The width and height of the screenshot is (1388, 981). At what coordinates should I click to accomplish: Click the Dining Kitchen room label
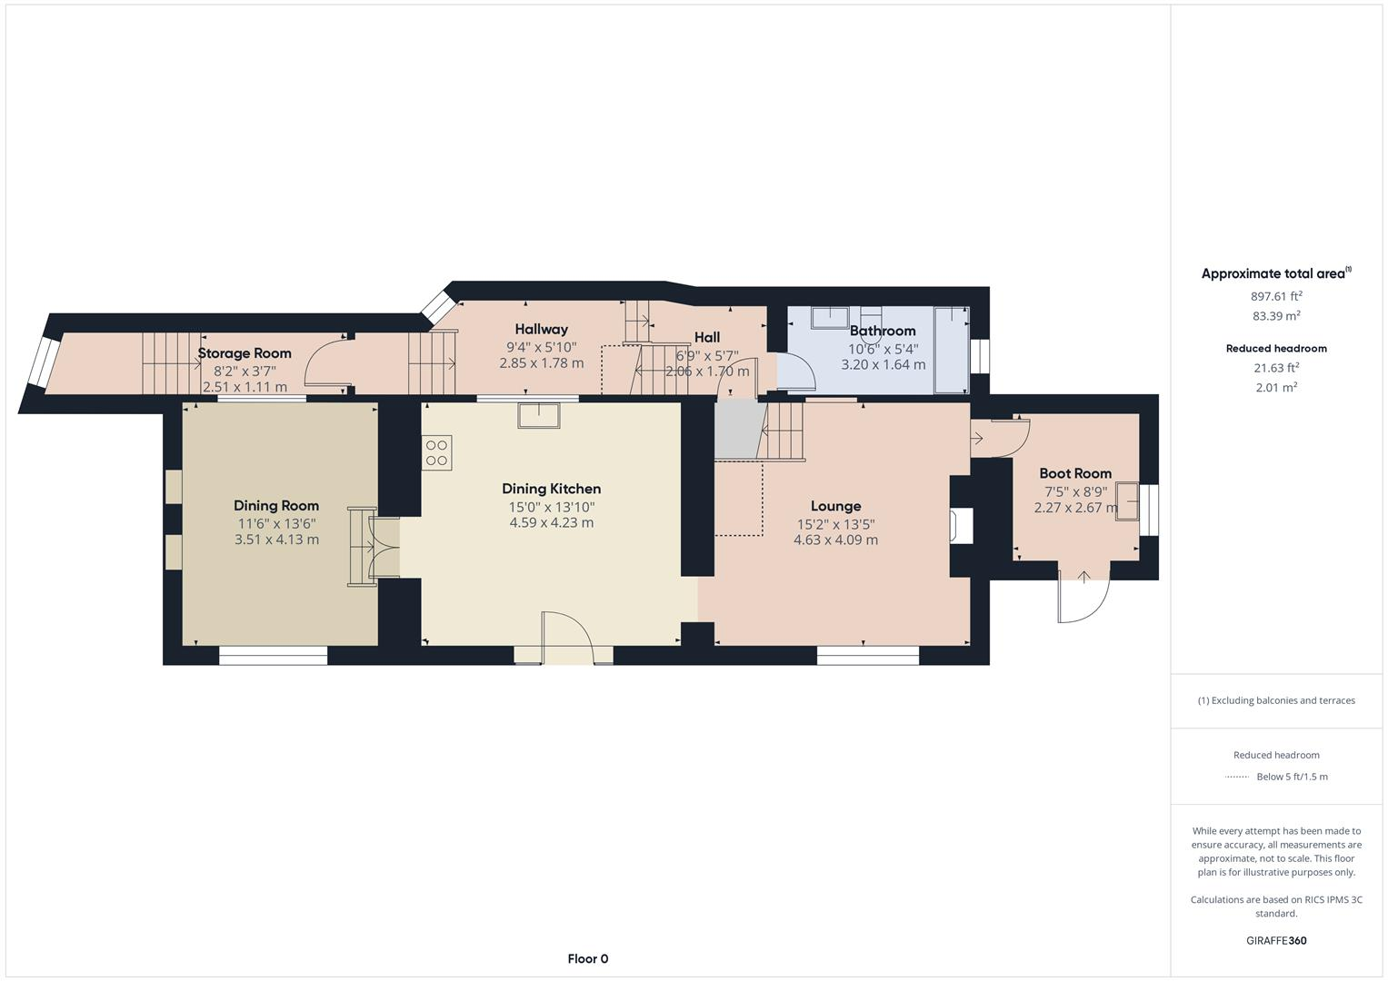551,489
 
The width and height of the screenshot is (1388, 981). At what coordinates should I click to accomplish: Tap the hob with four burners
436,452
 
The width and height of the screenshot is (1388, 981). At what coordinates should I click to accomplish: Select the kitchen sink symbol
539,415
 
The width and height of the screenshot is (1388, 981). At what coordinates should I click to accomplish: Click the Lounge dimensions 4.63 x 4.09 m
835,540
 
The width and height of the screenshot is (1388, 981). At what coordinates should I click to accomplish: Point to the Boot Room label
1075,473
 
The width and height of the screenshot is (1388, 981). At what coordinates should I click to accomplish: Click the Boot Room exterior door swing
1083,599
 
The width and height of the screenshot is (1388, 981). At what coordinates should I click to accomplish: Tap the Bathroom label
882,331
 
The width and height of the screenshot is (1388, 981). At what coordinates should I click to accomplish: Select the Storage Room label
245,353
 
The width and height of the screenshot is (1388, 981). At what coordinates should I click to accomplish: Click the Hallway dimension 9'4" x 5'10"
541,346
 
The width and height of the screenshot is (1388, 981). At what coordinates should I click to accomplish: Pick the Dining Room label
276,506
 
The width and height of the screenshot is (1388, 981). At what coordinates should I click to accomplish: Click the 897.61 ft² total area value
1276,296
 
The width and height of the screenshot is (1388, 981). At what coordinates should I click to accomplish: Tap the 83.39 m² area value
1276,316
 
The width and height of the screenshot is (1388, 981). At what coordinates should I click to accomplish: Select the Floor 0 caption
587,958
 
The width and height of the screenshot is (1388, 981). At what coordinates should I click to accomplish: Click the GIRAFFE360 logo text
1276,940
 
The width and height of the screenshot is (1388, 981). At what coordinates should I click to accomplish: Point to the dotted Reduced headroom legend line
1236,777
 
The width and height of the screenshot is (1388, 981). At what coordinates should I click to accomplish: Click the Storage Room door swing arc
320,363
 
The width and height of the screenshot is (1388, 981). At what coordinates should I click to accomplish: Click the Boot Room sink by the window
1128,500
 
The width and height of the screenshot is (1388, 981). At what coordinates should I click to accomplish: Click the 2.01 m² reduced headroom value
1276,387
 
